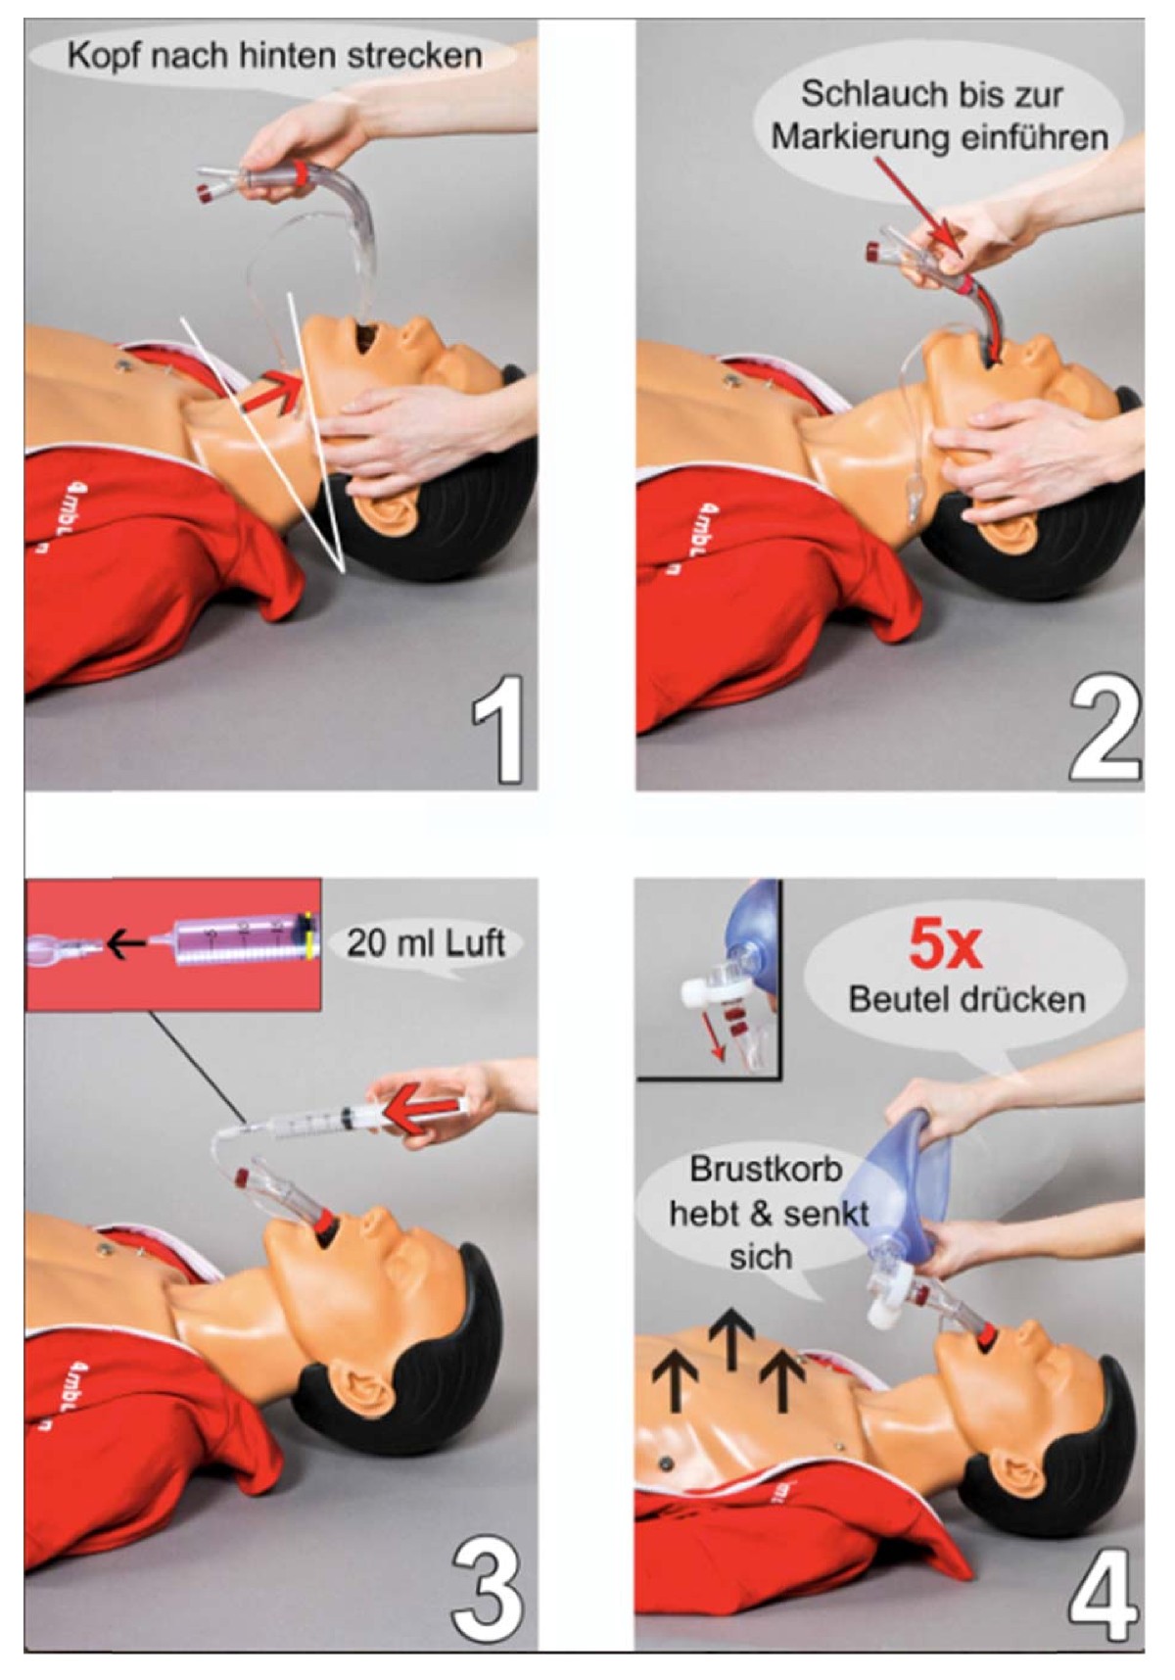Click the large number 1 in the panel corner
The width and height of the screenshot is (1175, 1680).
click(497, 729)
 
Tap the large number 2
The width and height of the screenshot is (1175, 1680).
click(1104, 730)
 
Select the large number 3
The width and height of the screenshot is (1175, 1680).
click(487, 1593)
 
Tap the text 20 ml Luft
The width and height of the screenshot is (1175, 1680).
click(425, 942)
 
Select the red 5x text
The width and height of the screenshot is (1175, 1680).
click(945, 944)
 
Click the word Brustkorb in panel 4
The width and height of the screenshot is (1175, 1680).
click(766, 1169)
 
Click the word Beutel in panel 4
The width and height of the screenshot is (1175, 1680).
click(898, 999)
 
